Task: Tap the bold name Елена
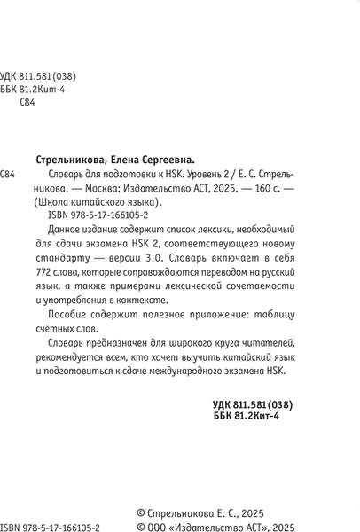click(133, 160)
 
